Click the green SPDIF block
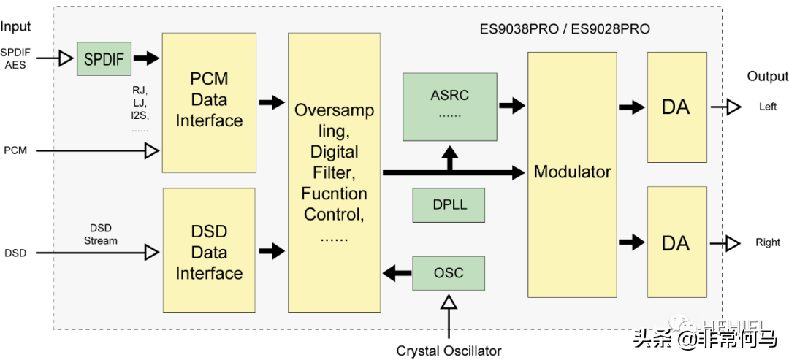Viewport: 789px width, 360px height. point(104,59)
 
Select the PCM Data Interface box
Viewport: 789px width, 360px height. point(209,102)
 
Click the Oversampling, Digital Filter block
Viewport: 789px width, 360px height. point(334,172)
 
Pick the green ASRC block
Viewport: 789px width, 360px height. point(449,107)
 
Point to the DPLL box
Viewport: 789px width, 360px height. point(449,205)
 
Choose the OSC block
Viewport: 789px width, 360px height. point(449,273)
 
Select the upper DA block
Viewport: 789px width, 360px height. point(676,107)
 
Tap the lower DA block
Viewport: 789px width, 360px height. point(676,242)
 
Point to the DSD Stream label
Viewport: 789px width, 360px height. point(101,234)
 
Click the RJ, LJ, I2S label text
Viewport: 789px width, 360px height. point(140,109)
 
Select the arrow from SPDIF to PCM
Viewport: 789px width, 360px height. point(146,58)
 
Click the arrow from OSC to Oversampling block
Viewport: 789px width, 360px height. point(397,274)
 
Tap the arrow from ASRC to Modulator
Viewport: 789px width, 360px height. point(512,105)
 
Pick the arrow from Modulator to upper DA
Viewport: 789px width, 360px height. point(631,107)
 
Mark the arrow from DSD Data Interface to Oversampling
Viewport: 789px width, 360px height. point(272,251)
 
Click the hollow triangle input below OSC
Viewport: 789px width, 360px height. point(449,302)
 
